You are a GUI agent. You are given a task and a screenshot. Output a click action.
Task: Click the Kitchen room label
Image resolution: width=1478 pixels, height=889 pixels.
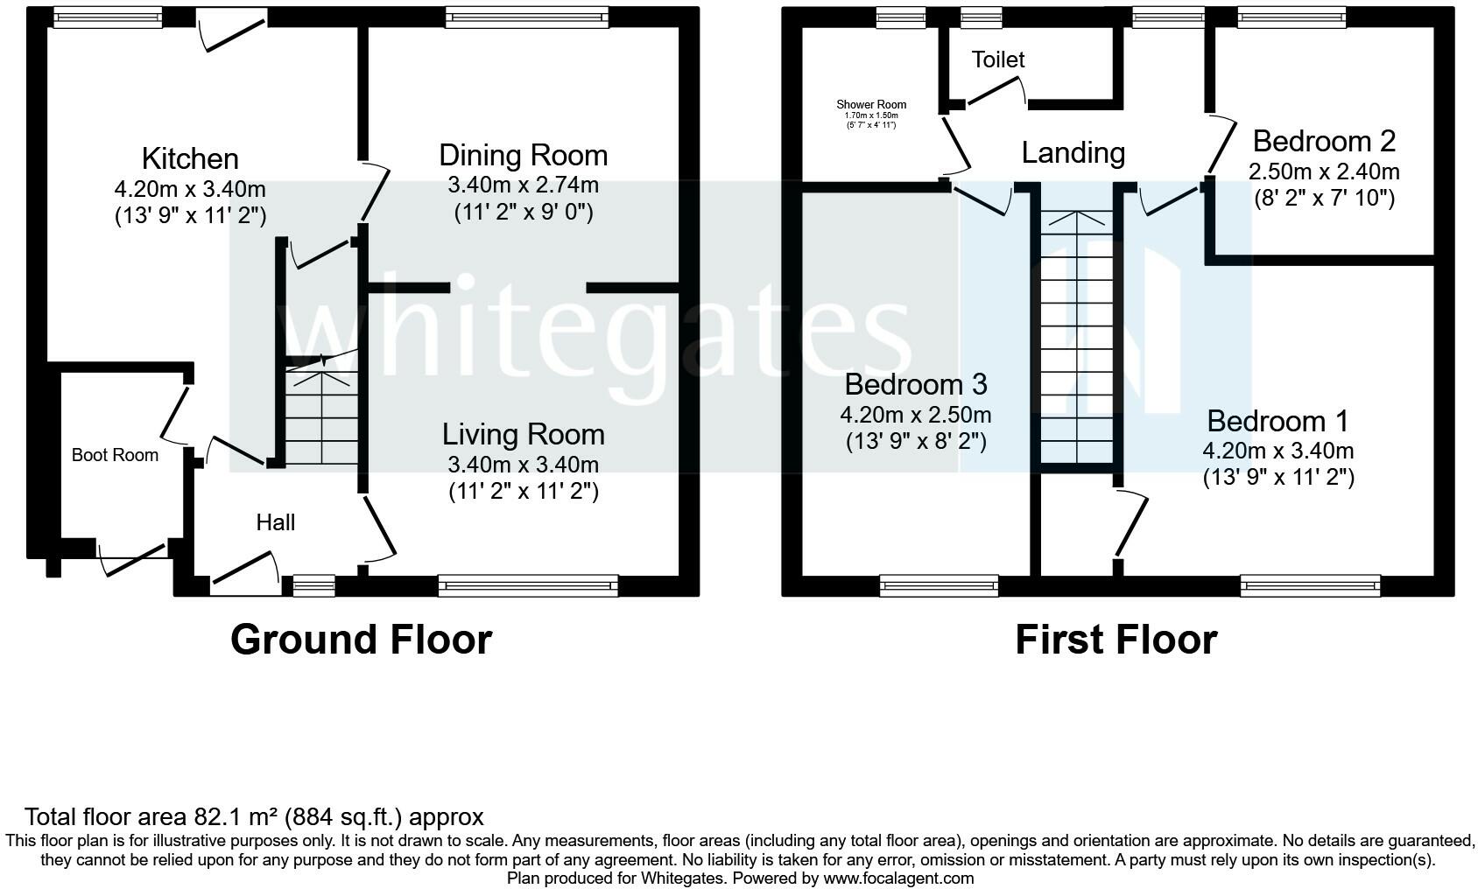(x=190, y=159)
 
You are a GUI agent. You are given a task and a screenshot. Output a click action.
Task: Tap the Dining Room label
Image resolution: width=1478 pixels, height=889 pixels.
(x=524, y=156)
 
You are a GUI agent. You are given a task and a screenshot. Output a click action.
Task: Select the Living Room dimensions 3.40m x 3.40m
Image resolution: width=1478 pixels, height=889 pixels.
(x=524, y=465)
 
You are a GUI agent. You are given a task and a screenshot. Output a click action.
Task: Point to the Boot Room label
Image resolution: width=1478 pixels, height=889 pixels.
(x=115, y=455)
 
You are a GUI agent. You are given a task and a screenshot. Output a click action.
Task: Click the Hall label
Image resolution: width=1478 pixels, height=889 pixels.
(x=275, y=522)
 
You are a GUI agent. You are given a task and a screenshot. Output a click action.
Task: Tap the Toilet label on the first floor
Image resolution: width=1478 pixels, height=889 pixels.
(x=997, y=60)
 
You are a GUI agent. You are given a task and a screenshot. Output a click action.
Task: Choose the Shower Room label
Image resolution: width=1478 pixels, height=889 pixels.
(x=871, y=104)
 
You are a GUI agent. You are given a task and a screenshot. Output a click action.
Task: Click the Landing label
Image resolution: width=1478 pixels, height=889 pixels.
(x=1073, y=153)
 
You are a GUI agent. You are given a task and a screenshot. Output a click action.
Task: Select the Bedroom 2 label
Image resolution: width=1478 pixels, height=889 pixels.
(x=1324, y=142)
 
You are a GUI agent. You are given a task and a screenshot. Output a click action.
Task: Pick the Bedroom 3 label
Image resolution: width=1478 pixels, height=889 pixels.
(x=916, y=384)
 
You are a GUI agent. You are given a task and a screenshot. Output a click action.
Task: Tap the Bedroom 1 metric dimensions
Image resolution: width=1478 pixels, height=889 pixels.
(x=1278, y=451)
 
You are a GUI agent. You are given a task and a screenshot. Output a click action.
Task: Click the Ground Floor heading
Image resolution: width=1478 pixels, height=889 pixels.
(x=361, y=640)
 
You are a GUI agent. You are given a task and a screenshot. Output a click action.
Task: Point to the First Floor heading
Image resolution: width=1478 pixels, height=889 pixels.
(x=1116, y=640)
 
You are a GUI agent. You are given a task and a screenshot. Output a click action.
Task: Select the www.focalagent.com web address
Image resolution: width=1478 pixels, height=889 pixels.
(x=898, y=878)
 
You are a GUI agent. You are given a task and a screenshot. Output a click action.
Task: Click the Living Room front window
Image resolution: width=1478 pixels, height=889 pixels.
(x=528, y=585)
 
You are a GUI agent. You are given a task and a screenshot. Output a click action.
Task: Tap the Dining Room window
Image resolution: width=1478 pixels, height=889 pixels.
(x=526, y=17)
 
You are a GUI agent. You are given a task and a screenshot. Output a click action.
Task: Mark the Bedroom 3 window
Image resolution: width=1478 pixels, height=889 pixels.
(x=939, y=585)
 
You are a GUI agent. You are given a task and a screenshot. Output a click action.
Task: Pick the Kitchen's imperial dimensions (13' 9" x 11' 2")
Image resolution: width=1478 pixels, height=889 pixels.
(x=190, y=215)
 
